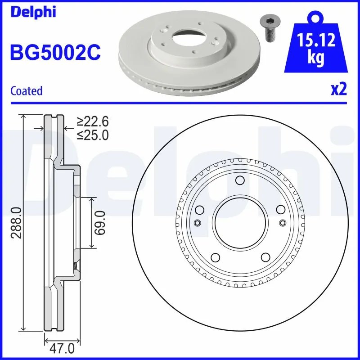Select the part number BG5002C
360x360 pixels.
coord(55,52)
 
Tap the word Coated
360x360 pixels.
coord(26,91)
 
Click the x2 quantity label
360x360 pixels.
coord(339,89)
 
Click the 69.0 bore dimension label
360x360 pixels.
coord(100,223)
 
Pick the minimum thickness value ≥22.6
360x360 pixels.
coord(92,121)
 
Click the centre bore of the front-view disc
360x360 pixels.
coord(239,223)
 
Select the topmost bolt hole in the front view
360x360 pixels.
coord(239,181)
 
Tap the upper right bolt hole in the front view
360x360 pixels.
coord(280,210)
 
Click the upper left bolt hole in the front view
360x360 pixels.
coord(199,210)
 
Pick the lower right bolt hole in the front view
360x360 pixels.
coord(264,257)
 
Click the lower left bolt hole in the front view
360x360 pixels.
coord(215,257)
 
